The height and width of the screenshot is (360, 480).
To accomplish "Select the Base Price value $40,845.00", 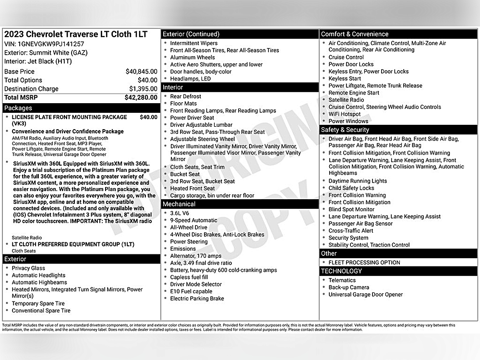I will (141, 72).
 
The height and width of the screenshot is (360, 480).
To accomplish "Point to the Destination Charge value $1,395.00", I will (143, 89).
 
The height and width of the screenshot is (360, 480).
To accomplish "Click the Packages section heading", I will (18, 108).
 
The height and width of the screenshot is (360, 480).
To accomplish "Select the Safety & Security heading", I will (345, 130).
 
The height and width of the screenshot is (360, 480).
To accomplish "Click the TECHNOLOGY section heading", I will (341, 271).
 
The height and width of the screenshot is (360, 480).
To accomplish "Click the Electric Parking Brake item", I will (197, 299).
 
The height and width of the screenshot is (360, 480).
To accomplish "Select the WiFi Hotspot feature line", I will (344, 114).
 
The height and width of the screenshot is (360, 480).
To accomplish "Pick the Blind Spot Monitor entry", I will (351, 209).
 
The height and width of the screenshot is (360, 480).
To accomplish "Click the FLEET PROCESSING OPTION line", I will (364, 263).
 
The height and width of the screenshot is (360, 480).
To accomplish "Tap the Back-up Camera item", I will (349, 288).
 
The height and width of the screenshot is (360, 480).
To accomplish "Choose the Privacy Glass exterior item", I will (28, 268).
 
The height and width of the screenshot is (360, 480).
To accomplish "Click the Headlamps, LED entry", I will (190, 79).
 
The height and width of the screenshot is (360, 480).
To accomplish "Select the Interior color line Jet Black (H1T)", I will (38, 61).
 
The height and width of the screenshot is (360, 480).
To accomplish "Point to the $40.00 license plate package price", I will (148, 117).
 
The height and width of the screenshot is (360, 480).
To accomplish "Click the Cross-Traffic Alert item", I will (351, 231).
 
